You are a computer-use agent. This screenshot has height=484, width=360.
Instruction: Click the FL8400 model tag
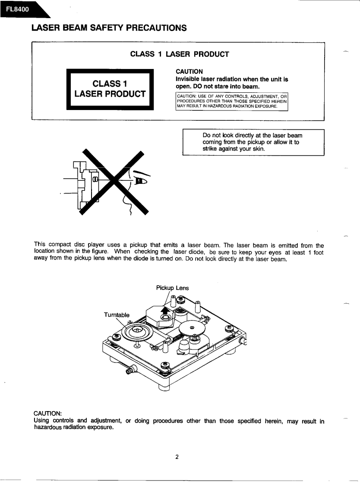coord(18,9)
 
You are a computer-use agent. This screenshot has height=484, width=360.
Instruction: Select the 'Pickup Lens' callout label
coord(172,288)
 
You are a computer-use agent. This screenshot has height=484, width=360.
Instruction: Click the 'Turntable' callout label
coord(117,315)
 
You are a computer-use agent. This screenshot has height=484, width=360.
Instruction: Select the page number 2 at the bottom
coord(177,457)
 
